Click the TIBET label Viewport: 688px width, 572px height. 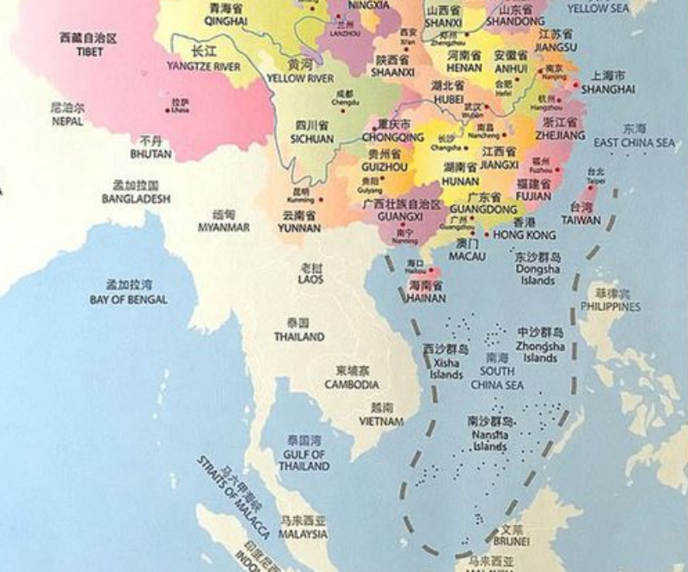coord(82,52)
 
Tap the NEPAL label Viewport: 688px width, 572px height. coord(67,121)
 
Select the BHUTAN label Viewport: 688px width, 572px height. coord(150,154)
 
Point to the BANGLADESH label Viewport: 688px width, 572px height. coord(136,198)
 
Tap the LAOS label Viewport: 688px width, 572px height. coord(310,279)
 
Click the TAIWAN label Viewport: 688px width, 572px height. coord(582,219)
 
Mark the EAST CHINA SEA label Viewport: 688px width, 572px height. coord(635,143)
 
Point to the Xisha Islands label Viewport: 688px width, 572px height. coord(446,368)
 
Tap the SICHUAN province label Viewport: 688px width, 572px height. coord(311,137)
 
